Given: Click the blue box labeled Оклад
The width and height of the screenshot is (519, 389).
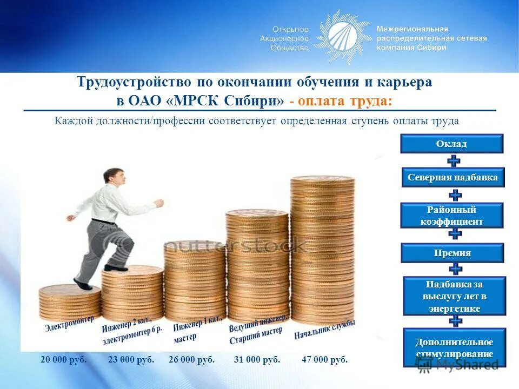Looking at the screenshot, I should point(451,144).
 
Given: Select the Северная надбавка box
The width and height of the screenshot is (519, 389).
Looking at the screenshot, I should point(453,177).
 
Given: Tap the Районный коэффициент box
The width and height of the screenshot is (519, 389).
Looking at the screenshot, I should point(452,216).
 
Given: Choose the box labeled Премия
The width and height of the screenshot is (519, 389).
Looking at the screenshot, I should point(452,253).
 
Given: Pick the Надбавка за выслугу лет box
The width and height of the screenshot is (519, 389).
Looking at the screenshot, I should point(454,296).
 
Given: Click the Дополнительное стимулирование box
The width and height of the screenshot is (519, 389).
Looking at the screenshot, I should point(454,347).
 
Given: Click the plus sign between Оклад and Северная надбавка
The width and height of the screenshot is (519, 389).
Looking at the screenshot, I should point(455,160).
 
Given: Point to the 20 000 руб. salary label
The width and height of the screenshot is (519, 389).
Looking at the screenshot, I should point(63,360).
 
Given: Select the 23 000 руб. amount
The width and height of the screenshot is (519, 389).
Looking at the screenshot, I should point(131,360).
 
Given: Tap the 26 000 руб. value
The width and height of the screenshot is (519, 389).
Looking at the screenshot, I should point(191,360).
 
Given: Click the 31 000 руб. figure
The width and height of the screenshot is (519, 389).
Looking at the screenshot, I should point(257,360).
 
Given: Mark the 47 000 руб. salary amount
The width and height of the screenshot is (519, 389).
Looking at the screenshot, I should point(324,360).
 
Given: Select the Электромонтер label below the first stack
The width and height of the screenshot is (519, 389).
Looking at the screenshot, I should point(69,323).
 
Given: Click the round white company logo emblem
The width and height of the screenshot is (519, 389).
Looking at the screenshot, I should point(342,36).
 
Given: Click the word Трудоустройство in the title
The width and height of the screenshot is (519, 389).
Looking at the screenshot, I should point(134,83).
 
